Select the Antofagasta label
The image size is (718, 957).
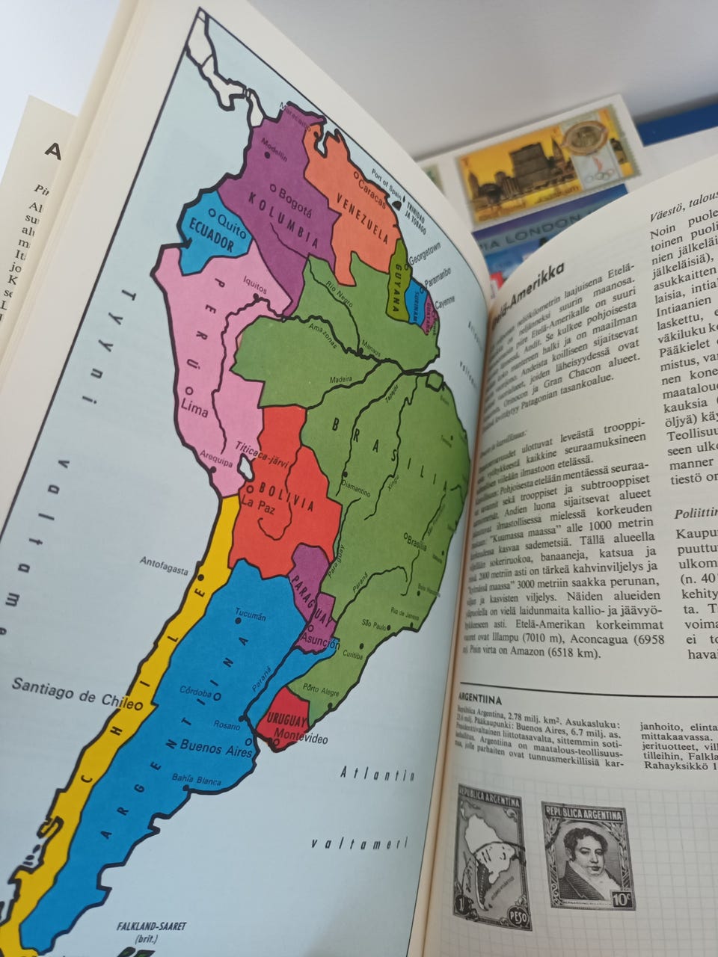(163, 564)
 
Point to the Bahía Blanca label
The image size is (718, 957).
(196, 779)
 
